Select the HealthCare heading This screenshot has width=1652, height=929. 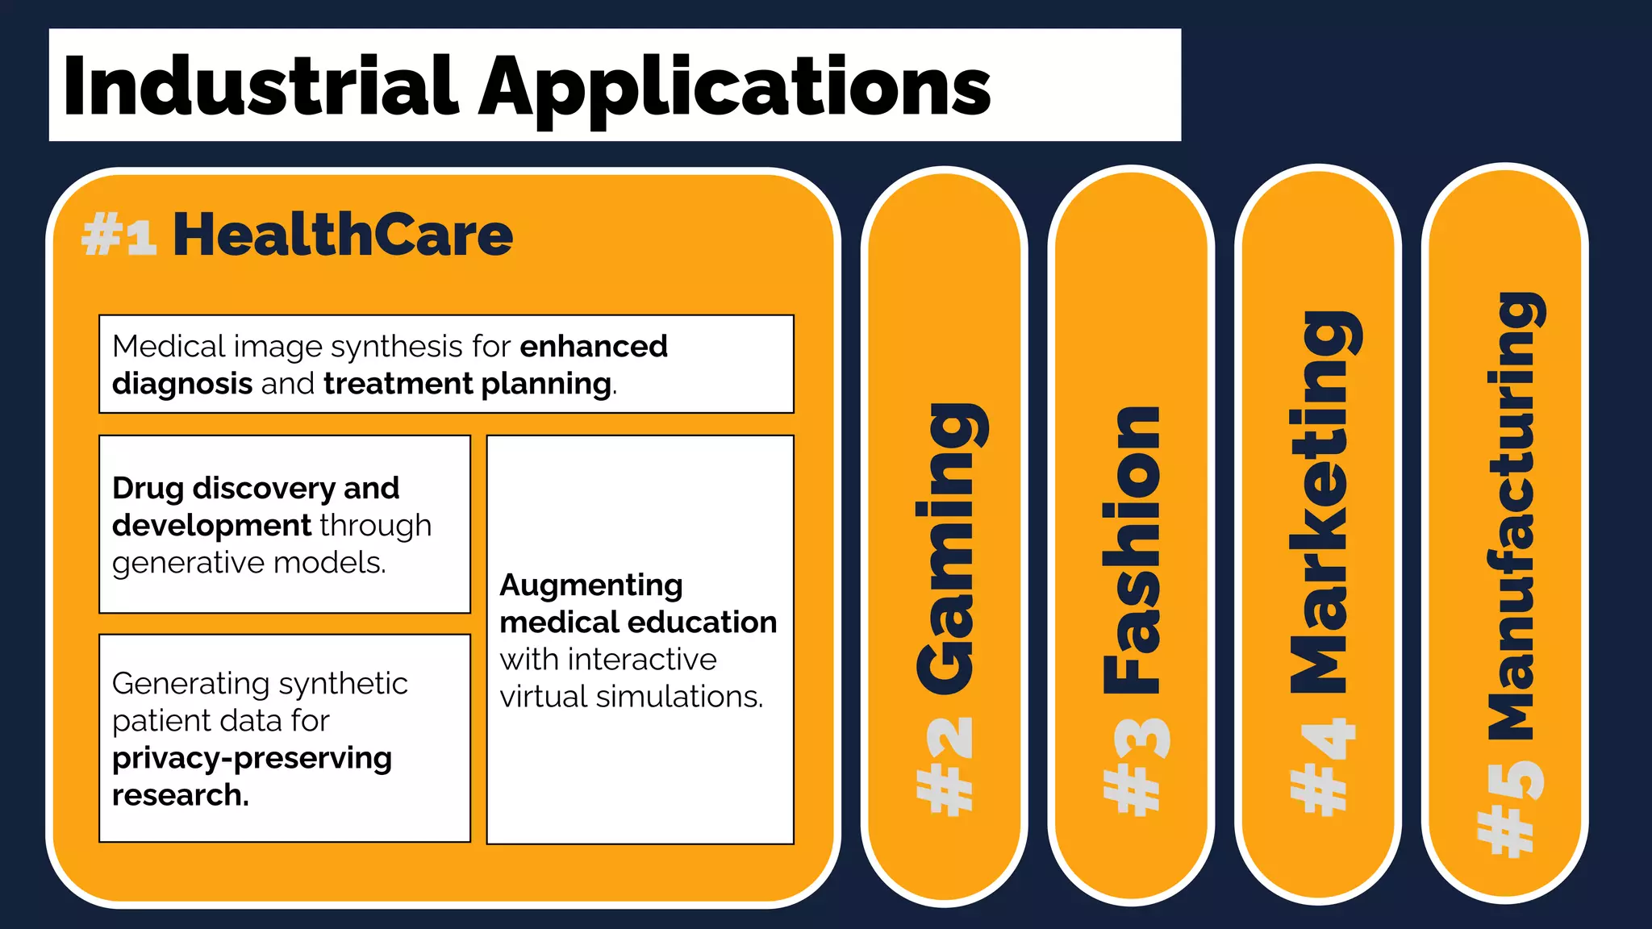(343, 235)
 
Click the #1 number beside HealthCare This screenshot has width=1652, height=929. (119, 235)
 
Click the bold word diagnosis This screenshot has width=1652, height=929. (182, 384)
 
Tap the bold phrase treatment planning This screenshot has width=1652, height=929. (467, 384)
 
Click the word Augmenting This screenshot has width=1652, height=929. (591, 585)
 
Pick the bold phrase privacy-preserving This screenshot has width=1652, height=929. (252, 758)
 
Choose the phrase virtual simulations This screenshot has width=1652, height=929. (631, 697)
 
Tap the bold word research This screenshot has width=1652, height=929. (180, 795)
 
